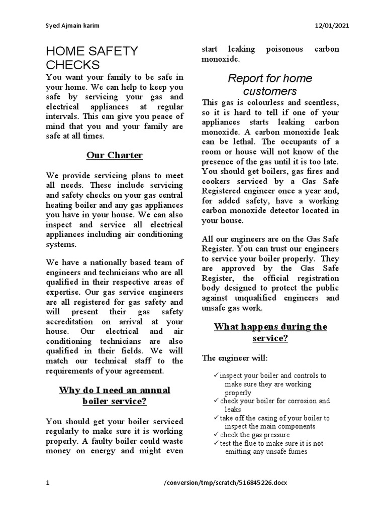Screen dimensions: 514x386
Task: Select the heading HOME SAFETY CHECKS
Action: (91, 58)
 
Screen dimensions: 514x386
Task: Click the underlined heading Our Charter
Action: (115, 155)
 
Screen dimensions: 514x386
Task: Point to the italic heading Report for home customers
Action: (270, 84)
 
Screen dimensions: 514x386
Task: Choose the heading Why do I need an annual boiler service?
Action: (115, 396)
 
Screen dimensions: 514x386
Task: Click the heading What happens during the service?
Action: (270, 332)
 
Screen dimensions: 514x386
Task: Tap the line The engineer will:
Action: (235, 358)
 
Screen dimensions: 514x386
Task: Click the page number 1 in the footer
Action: (48, 483)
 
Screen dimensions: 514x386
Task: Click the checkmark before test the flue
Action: (216, 443)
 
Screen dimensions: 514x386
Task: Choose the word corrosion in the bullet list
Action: (294, 401)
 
